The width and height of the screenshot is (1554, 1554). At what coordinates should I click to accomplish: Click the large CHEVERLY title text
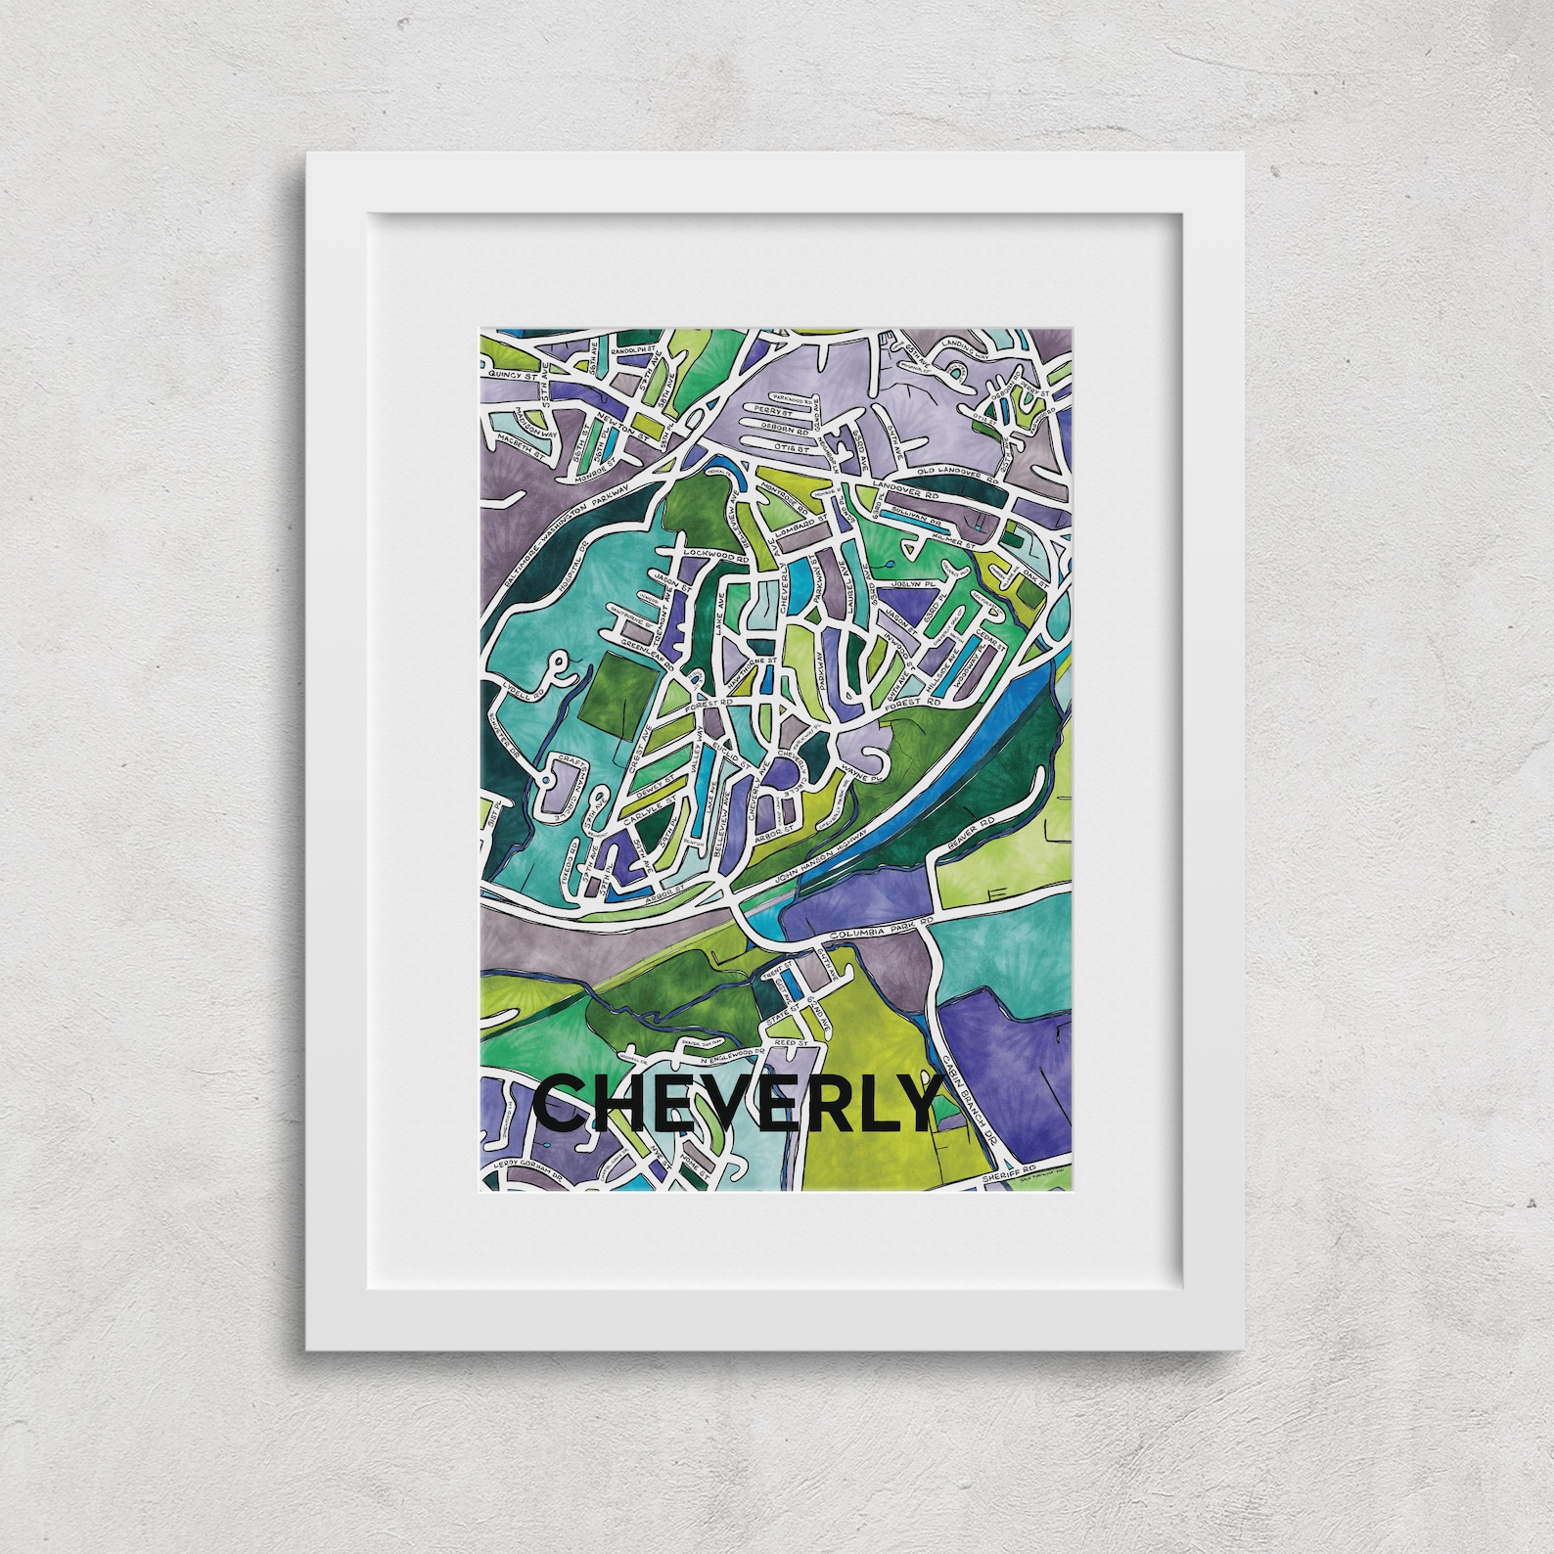point(736,1104)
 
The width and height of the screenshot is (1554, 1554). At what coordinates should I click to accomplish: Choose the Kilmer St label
point(952,539)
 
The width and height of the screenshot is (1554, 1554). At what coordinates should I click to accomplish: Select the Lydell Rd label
point(517,687)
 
